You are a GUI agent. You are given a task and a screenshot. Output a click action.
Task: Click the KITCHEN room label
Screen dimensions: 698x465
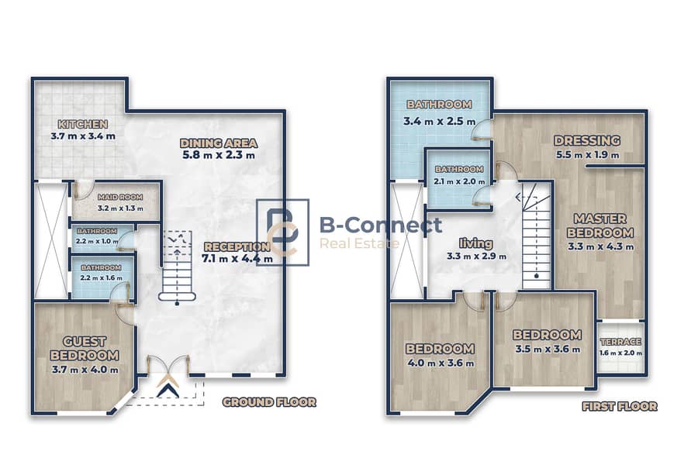(x=83, y=124)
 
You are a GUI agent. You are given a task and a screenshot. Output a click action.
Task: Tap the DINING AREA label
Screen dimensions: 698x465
(x=219, y=143)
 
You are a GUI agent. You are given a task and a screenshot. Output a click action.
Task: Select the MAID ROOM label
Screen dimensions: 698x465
(x=120, y=197)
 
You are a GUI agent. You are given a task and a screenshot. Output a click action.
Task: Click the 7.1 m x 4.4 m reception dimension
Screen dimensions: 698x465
(x=237, y=259)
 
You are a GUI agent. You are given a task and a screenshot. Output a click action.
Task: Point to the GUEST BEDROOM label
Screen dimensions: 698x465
(x=85, y=349)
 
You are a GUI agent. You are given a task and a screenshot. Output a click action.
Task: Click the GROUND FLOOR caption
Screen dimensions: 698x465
(x=269, y=402)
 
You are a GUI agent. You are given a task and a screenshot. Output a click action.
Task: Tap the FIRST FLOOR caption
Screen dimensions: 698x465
(x=620, y=406)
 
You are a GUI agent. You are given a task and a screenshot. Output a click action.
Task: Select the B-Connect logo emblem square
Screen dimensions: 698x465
(x=282, y=232)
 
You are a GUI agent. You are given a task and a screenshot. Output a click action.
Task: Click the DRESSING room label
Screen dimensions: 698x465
(x=587, y=140)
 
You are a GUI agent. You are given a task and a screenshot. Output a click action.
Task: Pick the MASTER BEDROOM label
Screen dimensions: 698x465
(x=600, y=226)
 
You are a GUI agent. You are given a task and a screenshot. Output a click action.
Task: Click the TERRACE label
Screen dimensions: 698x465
(x=620, y=342)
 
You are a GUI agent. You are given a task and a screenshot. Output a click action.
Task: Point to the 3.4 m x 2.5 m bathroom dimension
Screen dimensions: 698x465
(x=440, y=121)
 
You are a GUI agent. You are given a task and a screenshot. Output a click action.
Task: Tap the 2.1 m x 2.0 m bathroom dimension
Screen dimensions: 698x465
(x=459, y=181)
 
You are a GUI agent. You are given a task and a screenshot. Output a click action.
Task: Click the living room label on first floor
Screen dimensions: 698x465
(x=476, y=243)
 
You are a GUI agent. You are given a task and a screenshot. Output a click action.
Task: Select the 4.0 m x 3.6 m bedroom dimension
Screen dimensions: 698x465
(x=441, y=363)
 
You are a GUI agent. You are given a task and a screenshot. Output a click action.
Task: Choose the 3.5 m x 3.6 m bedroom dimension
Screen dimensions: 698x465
(x=548, y=350)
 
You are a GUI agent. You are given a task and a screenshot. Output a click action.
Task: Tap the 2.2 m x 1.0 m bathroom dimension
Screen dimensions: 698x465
(x=97, y=241)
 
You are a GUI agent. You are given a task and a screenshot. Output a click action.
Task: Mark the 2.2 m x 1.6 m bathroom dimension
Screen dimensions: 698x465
(x=102, y=277)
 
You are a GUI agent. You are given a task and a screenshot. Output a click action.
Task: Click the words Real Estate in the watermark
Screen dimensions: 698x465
(x=360, y=243)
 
